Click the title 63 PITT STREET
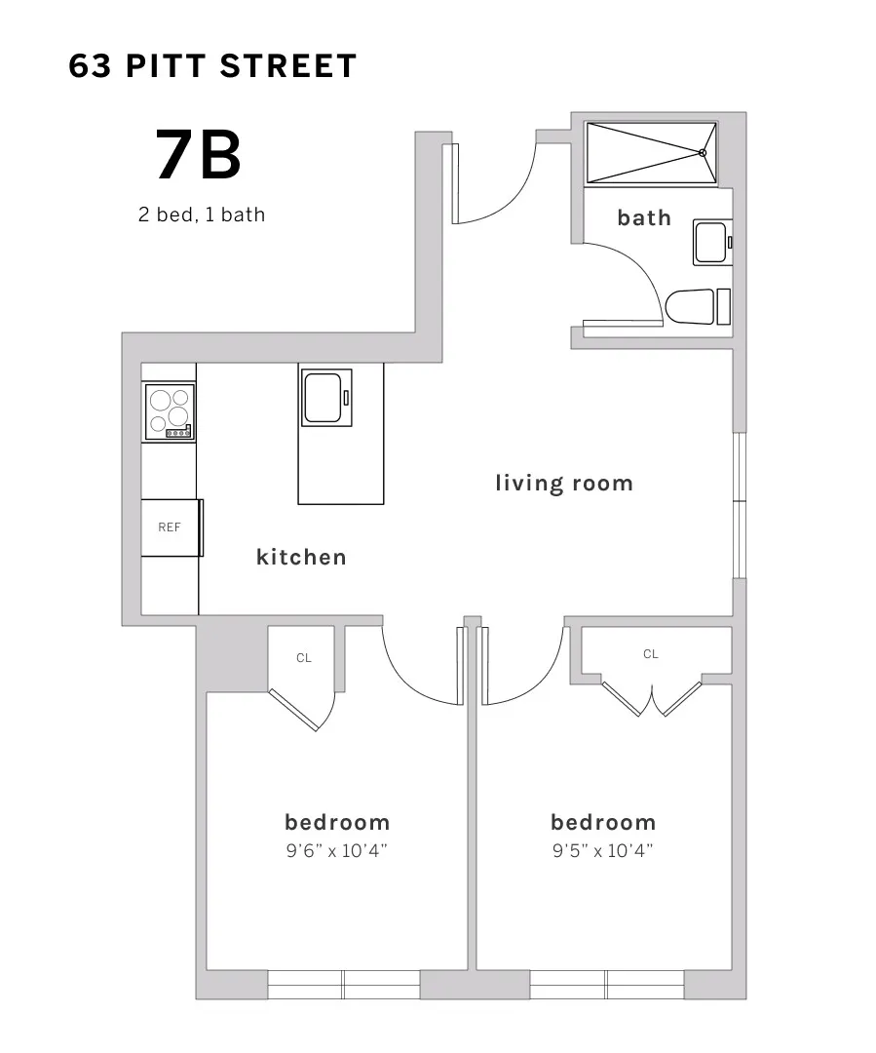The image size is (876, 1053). point(213,66)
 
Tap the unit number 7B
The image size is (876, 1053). point(198,156)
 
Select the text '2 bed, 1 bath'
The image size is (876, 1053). point(201,214)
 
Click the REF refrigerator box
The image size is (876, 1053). point(171,527)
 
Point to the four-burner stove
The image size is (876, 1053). point(170,410)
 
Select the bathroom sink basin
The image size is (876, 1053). point(710,242)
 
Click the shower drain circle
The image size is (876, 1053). point(703,152)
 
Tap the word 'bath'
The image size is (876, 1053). point(644,217)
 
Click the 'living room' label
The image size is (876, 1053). point(563,483)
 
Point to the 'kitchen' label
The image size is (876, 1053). point(301,557)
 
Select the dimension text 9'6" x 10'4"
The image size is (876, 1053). point(337,850)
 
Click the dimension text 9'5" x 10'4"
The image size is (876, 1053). point(602,850)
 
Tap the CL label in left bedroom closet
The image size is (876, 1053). point(304,658)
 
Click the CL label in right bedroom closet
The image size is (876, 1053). point(651,654)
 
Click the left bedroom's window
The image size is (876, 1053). point(343,984)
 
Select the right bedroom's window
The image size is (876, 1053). point(606,984)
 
